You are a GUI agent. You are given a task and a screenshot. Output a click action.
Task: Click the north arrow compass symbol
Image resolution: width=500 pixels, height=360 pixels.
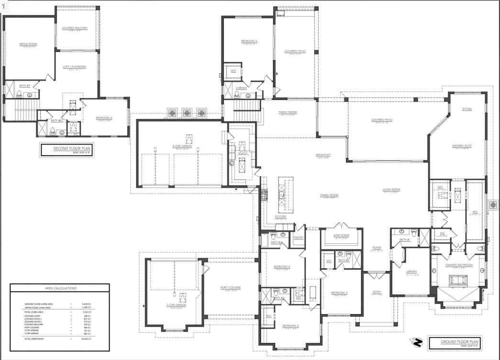coord(417,342)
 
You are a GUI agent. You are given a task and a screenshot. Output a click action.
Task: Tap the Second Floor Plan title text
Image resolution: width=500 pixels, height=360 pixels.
coord(67,149)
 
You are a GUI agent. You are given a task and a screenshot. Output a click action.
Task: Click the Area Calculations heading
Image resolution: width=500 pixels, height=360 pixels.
coord(60,288)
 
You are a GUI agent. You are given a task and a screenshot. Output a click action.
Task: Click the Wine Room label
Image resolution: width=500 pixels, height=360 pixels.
coord(341,235)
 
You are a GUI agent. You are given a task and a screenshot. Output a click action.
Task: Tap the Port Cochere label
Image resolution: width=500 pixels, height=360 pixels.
coord(230,288)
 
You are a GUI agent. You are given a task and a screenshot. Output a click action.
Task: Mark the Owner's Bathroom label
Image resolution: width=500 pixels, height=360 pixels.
coord(458,265)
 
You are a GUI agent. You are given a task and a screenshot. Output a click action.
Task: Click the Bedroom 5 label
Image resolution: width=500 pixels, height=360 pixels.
coord(249,42)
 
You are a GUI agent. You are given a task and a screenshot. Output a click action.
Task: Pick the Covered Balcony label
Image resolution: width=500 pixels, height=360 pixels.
coord(75,28)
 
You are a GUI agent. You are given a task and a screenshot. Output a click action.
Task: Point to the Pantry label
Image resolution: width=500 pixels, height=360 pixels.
coord(299,237)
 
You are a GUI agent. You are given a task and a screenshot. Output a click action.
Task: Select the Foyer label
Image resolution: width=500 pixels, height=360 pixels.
coord(377,247)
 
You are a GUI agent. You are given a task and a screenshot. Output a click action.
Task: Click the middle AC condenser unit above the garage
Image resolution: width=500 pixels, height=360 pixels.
coord(187,113)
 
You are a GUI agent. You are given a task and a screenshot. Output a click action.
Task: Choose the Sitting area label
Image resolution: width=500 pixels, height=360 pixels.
coord(467,109)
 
